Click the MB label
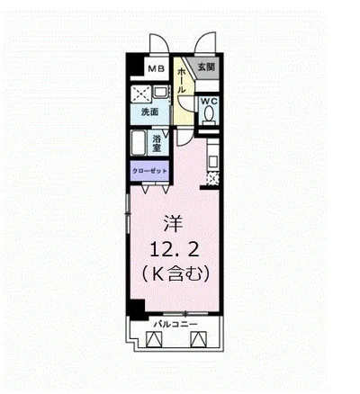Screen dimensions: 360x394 point(157,68)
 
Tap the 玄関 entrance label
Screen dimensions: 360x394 point(206,67)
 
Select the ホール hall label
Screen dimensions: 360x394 point(182,80)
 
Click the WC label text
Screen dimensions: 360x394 point(209,101)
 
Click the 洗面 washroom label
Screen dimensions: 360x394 point(150,112)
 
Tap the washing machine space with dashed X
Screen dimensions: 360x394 point(141,94)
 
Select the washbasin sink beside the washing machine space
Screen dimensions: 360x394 point(161,92)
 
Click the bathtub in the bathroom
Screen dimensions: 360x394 point(139,143)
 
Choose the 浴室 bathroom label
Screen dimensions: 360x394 point(157,143)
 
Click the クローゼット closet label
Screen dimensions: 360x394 point(149,171)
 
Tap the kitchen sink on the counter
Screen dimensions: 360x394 point(212,162)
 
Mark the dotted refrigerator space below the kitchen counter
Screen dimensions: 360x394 point(212,179)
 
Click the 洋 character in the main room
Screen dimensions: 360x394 point(174,224)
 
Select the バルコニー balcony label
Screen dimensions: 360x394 point(175,324)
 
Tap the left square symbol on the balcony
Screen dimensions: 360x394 point(154,339)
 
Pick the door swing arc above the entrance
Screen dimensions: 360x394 point(204,42)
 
